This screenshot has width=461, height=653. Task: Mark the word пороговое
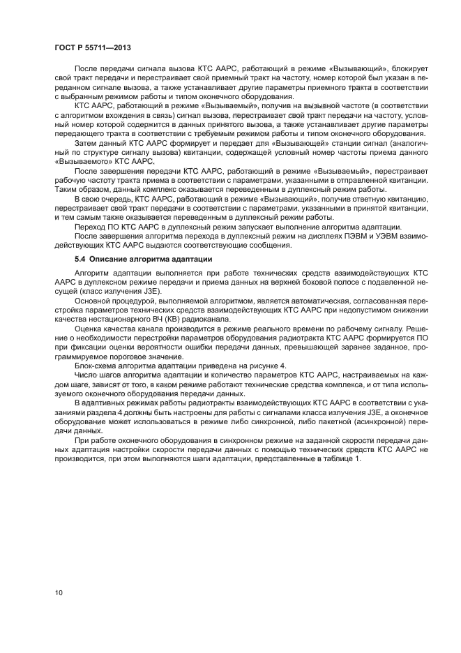[111, 354]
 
